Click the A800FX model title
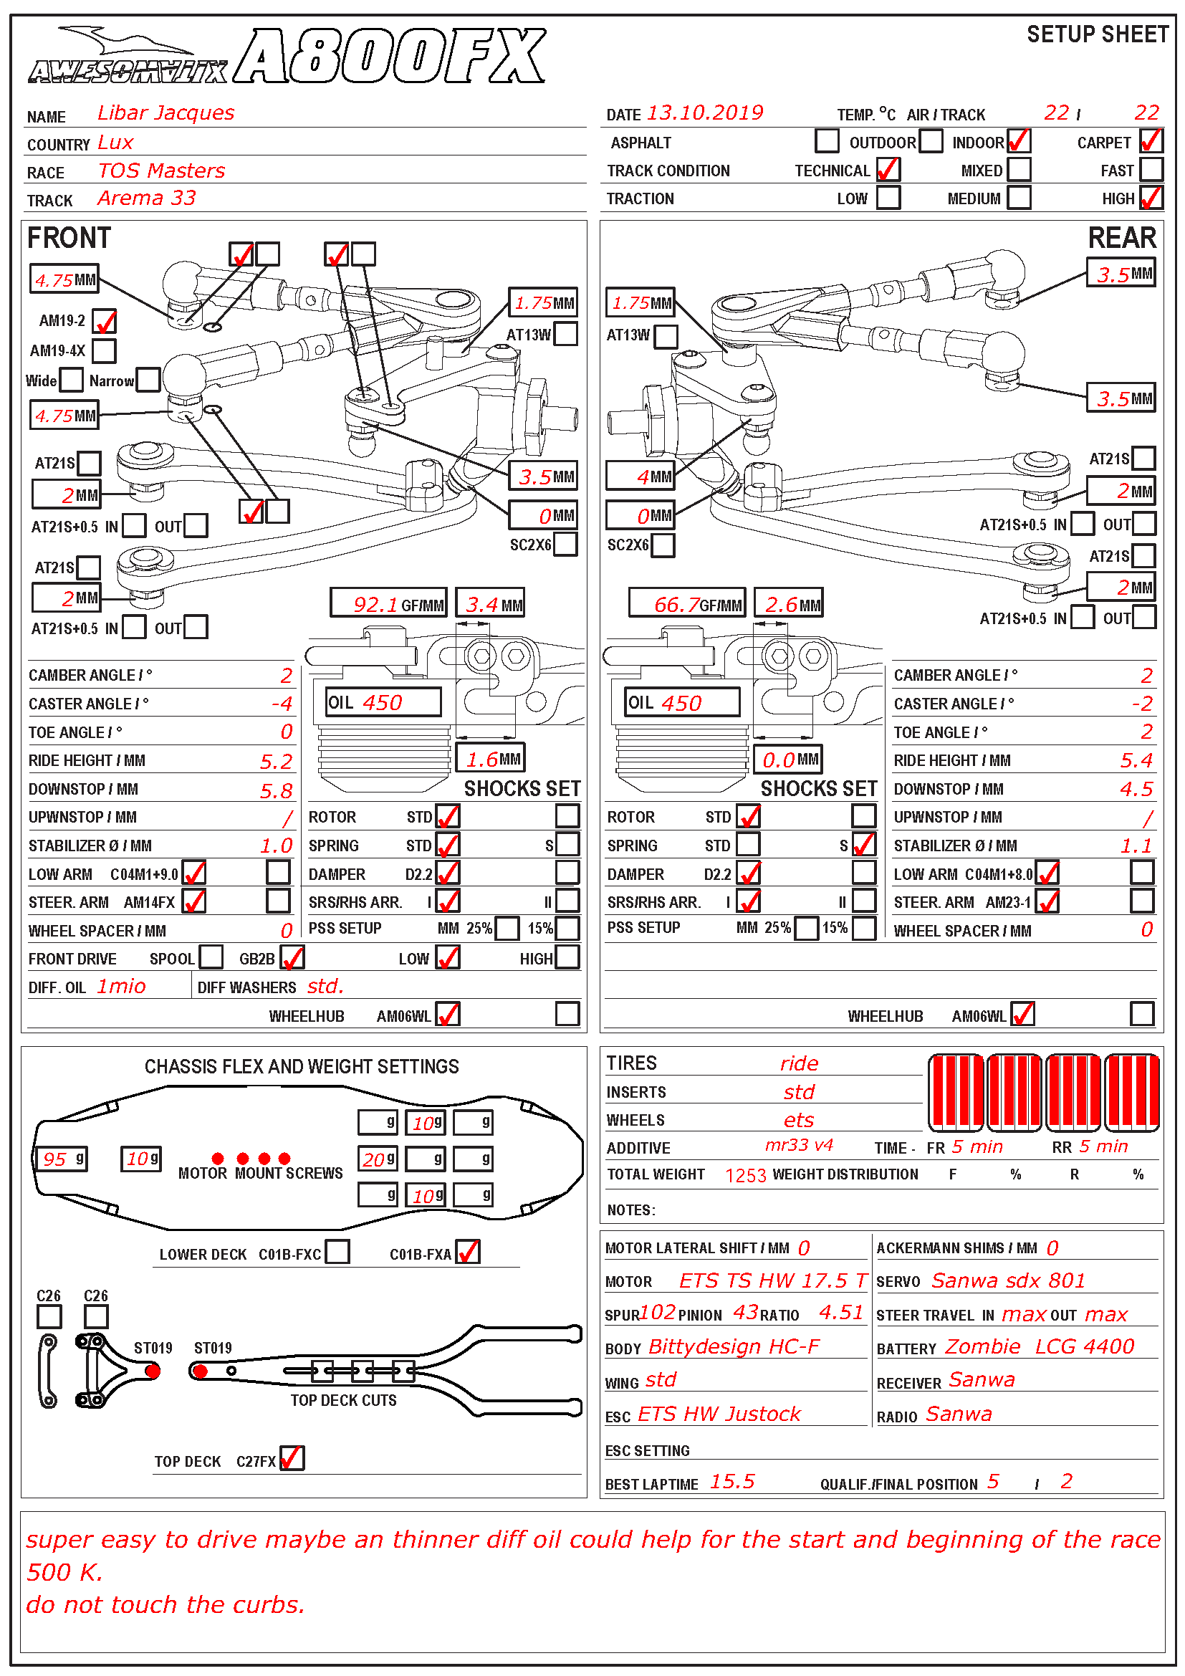(390, 57)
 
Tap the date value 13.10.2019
(705, 113)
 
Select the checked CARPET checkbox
(1151, 141)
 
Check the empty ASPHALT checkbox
(827, 141)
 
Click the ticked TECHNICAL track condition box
(888, 169)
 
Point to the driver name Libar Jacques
(165, 113)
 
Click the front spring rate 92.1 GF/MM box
(389, 603)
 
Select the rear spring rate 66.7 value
(676, 603)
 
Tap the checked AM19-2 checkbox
(105, 321)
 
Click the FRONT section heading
(69, 239)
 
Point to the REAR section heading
(1121, 239)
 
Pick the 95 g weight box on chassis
(63, 1159)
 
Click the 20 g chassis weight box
(378, 1159)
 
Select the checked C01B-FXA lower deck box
(469, 1251)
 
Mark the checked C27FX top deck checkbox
(292, 1457)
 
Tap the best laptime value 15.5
(733, 1481)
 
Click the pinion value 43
(746, 1312)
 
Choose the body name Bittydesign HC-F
(734, 1346)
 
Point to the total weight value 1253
(745, 1174)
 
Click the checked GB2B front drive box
(292, 957)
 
